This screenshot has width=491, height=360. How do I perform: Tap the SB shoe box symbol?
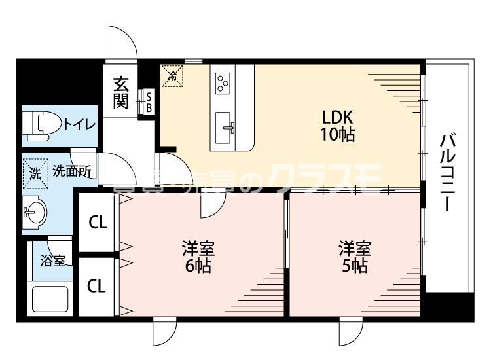(148, 101)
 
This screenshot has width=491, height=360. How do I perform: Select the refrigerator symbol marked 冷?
(173, 76)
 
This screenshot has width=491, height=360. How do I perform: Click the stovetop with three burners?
(223, 82)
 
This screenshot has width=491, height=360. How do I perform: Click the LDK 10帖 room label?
(337, 126)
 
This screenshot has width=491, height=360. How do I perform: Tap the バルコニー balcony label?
(448, 172)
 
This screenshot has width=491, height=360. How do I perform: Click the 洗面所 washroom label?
(71, 172)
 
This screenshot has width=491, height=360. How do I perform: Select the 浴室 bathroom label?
(53, 261)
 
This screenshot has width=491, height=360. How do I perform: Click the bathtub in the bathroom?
(51, 300)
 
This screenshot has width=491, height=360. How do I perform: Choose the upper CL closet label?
(98, 223)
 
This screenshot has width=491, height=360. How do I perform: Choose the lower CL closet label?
(98, 285)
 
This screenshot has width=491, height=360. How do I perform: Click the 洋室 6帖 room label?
(198, 257)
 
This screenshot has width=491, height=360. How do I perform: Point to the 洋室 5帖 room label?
(354, 257)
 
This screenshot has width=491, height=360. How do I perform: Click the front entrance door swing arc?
(120, 43)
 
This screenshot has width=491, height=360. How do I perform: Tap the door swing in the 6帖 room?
(211, 206)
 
